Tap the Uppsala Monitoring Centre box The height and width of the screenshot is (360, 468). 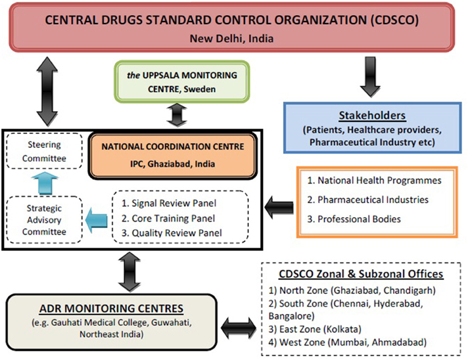click(172, 81)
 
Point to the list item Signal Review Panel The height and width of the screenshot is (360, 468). click(173, 203)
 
